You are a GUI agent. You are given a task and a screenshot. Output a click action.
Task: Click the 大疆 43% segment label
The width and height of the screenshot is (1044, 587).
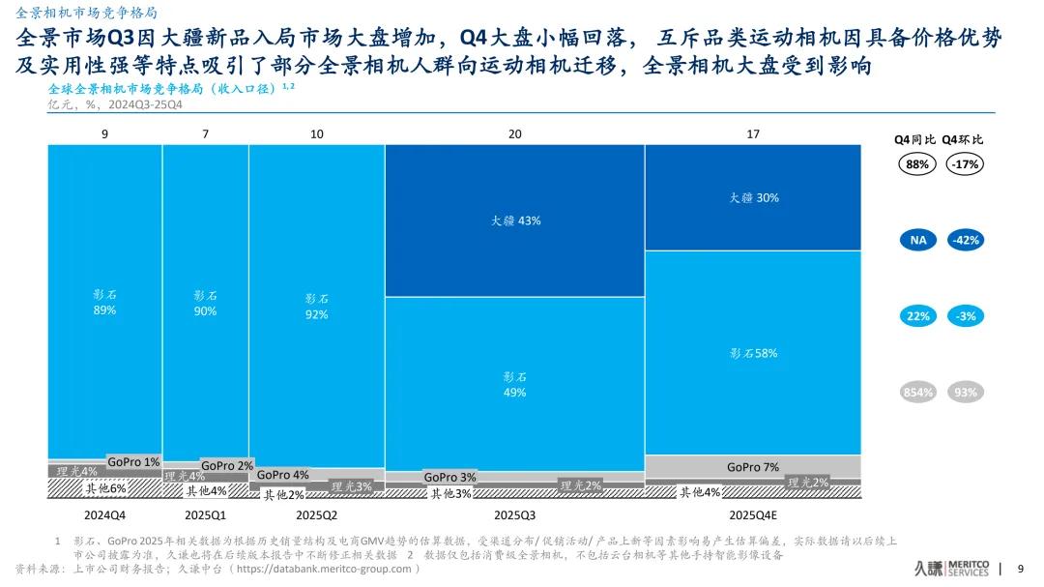(x=515, y=220)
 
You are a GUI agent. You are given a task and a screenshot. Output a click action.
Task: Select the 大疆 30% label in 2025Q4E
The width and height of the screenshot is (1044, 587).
(x=754, y=197)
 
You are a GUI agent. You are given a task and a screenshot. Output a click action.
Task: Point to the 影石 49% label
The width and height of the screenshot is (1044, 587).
(x=515, y=385)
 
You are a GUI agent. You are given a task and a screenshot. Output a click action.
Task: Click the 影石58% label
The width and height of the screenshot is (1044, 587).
(x=754, y=353)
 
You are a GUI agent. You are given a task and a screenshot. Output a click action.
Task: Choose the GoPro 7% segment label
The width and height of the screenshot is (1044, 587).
(x=753, y=467)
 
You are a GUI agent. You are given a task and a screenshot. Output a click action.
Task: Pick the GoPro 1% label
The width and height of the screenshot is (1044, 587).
(x=133, y=462)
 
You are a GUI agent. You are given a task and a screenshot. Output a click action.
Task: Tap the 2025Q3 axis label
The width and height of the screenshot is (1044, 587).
(x=515, y=514)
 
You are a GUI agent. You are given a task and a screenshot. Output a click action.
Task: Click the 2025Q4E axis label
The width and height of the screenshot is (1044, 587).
(x=754, y=514)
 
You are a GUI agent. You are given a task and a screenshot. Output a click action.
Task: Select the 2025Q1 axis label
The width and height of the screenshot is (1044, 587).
(x=205, y=514)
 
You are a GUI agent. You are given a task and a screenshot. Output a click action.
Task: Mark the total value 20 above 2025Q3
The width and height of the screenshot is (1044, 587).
(x=514, y=134)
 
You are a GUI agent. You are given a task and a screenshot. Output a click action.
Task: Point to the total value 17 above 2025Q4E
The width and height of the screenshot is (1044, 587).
(x=753, y=134)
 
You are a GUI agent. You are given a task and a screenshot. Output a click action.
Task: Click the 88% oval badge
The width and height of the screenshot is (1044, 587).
(x=917, y=164)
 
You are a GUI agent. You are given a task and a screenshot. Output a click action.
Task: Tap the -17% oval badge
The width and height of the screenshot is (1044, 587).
(x=964, y=164)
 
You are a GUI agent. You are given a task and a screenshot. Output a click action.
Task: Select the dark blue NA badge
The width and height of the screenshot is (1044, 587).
(x=917, y=239)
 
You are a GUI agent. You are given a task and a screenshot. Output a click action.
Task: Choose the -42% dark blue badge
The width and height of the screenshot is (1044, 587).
(x=964, y=239)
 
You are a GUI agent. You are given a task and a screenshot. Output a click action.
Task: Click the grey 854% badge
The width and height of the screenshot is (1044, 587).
(x=917, y=392)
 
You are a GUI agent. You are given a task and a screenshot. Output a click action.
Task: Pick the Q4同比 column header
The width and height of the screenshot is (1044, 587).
(x=915, y=139)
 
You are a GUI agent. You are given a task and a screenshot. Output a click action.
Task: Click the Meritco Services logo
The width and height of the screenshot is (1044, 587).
(x=951, y=568)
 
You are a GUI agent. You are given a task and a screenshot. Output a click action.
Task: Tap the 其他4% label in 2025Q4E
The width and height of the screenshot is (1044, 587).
(x=700, y=492)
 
